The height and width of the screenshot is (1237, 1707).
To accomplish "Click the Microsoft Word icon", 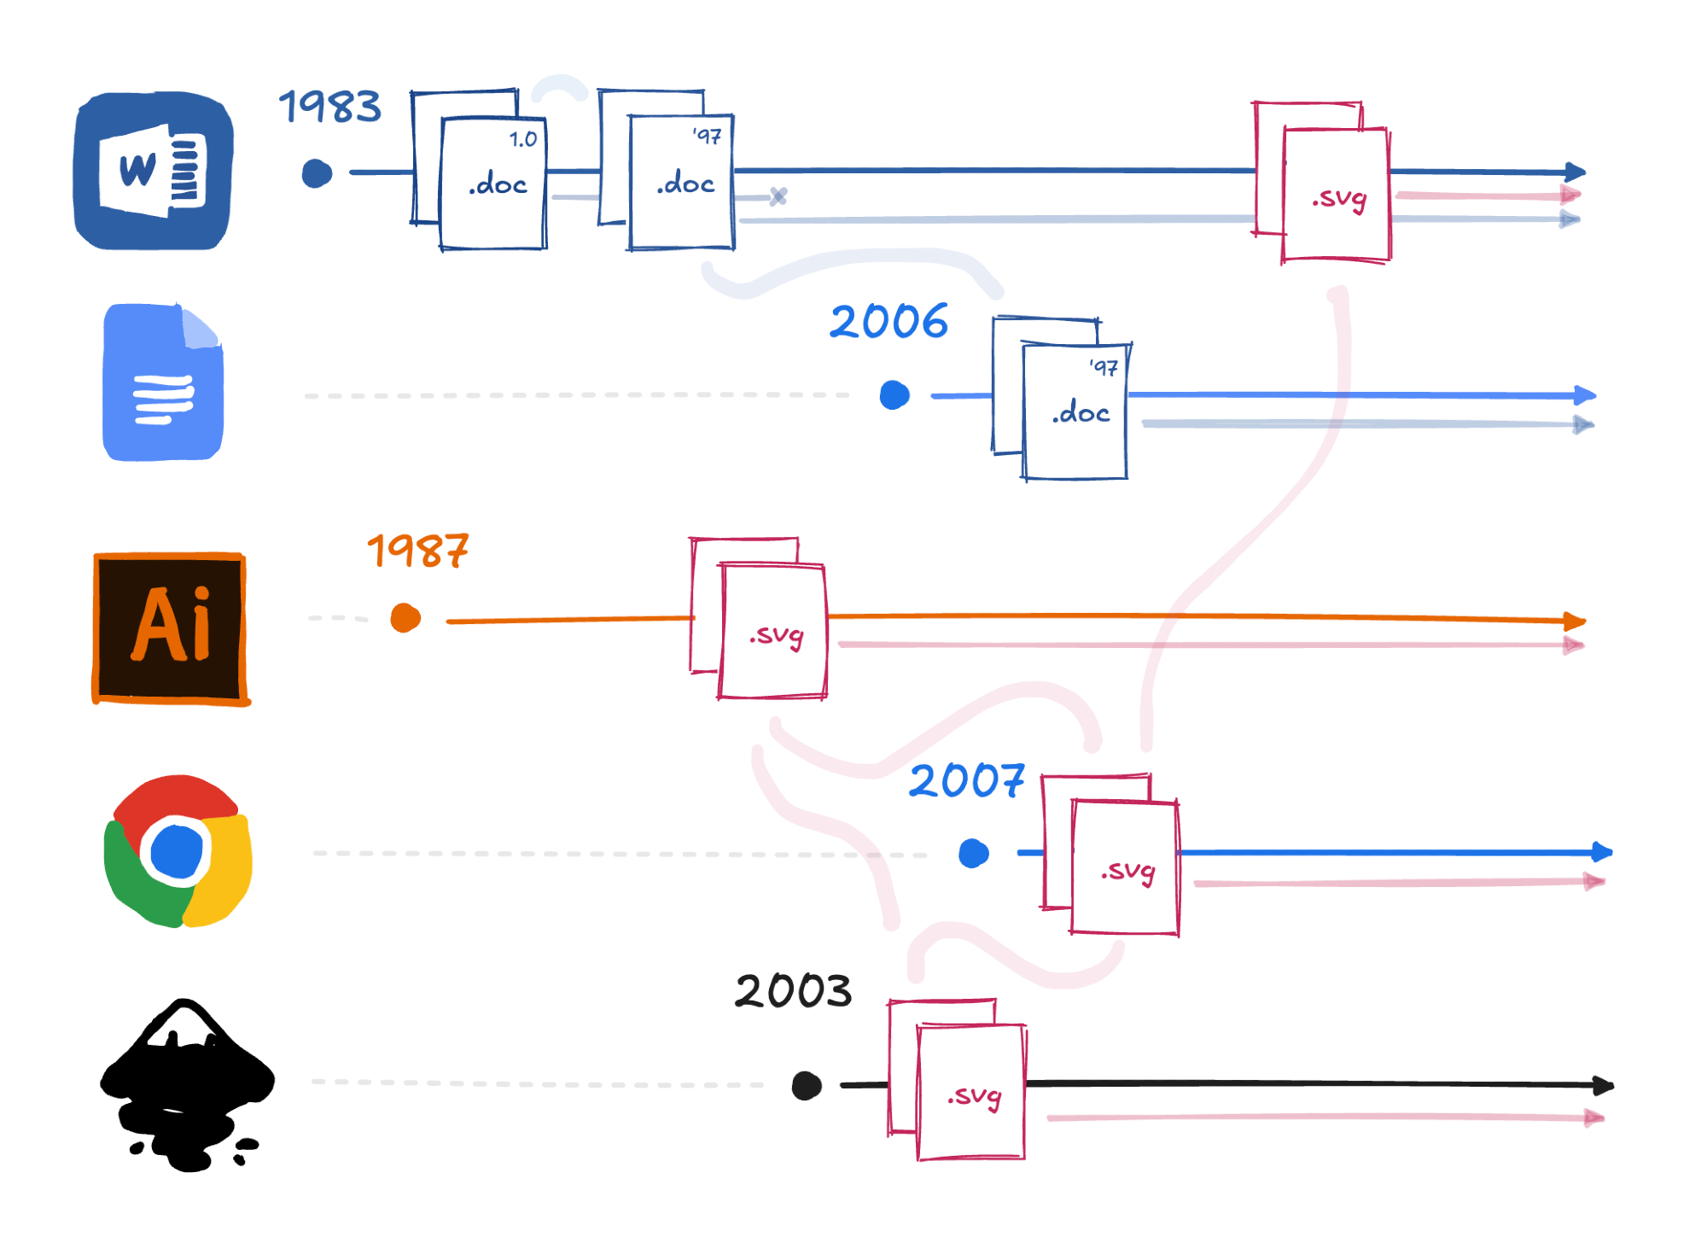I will (x=154, y=171).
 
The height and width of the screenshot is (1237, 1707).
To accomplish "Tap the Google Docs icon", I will (x=162, y=382).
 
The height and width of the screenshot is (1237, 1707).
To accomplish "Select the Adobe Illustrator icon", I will (x=171, y=627).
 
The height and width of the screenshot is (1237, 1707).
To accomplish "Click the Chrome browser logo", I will (x=178, y=851).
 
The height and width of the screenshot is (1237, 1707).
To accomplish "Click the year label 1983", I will (x=330, y=107).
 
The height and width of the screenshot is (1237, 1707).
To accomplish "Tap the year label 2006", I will (x=888, y=322).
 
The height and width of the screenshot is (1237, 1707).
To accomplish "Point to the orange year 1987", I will (x=417, y=551).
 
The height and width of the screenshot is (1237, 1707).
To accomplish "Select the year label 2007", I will (x=966, y=780).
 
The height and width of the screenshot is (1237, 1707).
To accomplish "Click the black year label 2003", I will (x=793, y=991).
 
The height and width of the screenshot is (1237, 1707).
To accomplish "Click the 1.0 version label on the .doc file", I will (x=523, y=139).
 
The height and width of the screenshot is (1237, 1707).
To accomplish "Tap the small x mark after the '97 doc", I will (x=778, y=196).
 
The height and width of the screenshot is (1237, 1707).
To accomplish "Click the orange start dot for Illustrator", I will (x=405, y=618).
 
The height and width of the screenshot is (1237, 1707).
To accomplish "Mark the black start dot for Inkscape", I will (x=807, y=1086).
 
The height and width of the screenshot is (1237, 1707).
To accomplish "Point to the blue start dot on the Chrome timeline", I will (x=974, y=853).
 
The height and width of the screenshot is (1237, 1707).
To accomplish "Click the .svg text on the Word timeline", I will (x=1339, y=199).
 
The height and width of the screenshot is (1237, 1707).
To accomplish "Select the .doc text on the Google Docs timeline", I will (x=1081, y=413).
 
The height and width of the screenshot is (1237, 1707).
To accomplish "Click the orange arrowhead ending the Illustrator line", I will (x=1576, y=621).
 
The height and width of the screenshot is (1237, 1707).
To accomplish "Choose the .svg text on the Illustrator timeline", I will (x=776, y=636).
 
